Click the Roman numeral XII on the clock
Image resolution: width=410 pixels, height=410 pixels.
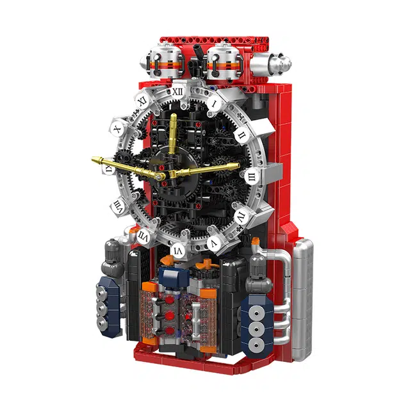[177, 92]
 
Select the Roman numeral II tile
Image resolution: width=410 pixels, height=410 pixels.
[241, 135]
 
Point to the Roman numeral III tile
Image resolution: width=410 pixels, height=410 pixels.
[252, 175]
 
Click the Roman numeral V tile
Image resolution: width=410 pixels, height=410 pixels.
[214, 243]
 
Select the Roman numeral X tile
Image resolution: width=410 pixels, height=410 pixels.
[117, 129]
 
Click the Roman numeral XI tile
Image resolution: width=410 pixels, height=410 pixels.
[142, 101]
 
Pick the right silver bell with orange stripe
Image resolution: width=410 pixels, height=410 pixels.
[225, 61]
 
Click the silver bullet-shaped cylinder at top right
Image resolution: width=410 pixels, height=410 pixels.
[272, 62]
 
